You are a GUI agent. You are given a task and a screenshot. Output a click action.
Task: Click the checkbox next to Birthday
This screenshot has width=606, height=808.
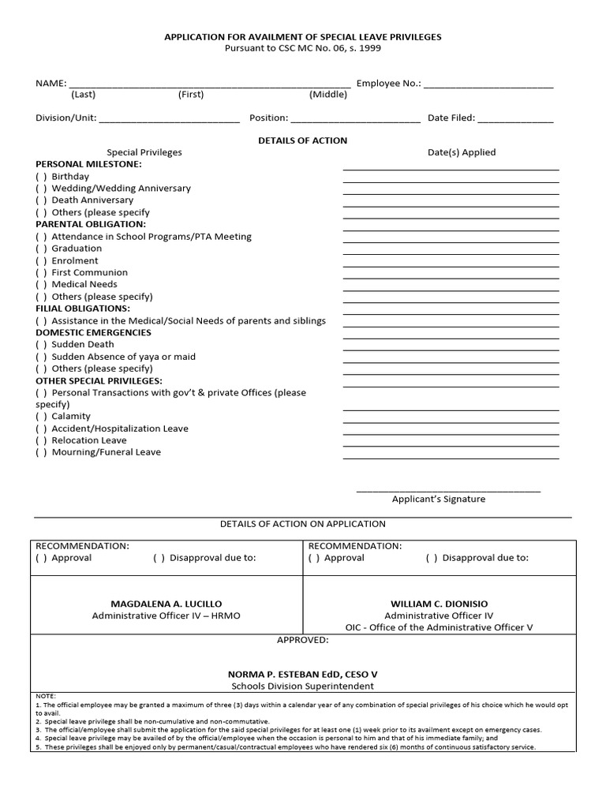(41, 177)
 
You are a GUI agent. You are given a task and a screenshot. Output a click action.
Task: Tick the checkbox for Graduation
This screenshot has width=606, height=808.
(41, 249)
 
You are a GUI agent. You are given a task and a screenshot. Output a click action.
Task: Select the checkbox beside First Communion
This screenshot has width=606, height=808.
(41, 272)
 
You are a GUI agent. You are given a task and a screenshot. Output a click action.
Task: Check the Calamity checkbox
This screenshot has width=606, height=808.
(41, 416)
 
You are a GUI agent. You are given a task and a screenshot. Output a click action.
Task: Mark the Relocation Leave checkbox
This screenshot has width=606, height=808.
(41, 440)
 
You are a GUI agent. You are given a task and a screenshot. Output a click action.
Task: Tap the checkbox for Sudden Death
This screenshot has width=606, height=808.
(41, 345)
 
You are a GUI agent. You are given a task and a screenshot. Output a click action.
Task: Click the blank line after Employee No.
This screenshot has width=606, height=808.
(488, 84)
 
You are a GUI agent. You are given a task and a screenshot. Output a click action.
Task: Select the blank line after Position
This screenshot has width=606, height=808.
(356, 119)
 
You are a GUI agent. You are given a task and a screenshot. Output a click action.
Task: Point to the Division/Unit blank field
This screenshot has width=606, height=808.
(169, 119)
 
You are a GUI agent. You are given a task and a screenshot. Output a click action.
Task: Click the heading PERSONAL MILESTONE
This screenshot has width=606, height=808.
(88, 164)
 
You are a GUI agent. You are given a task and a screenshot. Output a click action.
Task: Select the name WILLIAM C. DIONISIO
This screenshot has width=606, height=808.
(439, 604)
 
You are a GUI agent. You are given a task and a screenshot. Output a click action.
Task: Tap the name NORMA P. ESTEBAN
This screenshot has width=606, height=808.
(302, 675)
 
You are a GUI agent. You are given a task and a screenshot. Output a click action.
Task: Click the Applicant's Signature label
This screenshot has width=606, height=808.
(439, 499)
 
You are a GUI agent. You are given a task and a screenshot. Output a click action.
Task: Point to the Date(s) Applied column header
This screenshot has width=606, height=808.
(462, 152)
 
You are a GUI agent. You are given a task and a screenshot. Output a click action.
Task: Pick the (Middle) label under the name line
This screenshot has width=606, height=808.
(328, 95)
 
